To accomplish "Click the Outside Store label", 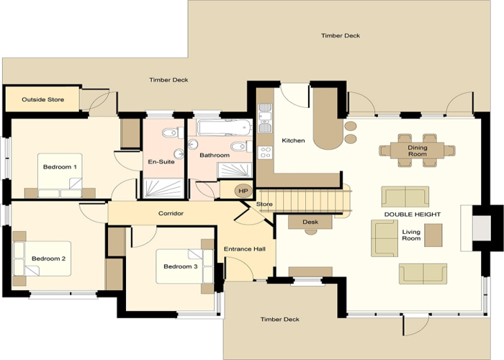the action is click(42, 99).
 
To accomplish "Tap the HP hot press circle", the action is click(243, 191).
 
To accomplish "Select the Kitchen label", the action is click(293, 140).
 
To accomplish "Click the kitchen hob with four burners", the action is click(265, 153).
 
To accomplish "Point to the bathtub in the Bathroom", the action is click(225, 127).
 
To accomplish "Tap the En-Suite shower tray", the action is click(163, 189).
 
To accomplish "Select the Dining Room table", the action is click(417, 150).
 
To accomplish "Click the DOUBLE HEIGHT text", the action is click(413, 215).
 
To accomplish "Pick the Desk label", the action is click(310, 222).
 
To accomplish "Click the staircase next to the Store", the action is click(305, 201).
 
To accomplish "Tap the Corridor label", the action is click(171, 213).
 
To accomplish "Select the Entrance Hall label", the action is click(245, 249).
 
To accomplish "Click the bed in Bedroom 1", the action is click(60, 176).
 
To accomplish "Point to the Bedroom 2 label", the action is click(48, 258).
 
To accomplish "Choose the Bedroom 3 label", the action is click(180, 266).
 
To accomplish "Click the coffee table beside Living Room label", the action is click(433, 235).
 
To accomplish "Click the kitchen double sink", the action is click(265, 118).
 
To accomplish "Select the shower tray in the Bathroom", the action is click(235, 171).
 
